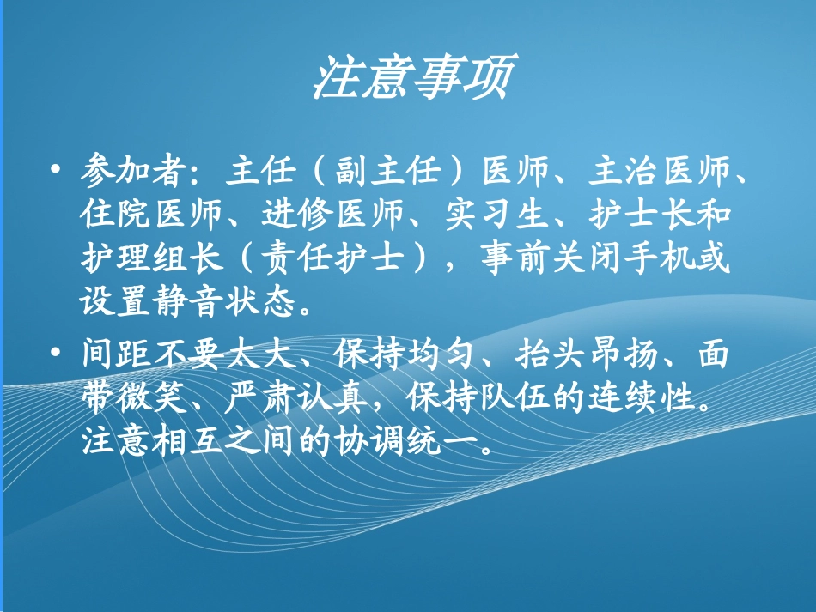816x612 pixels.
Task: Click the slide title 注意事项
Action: (x=411, y=79)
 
